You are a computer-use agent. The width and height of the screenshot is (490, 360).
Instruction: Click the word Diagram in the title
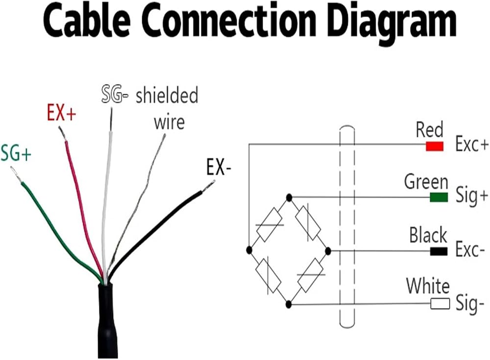392,22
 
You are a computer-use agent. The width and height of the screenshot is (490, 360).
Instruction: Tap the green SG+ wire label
16,153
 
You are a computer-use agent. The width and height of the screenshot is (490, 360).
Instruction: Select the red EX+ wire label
62,113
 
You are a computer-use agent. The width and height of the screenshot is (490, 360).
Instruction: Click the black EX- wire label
219,167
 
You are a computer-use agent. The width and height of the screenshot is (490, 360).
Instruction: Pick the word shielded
167,96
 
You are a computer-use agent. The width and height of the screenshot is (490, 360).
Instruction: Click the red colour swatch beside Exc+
435,146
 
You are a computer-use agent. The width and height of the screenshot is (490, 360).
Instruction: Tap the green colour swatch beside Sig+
439,197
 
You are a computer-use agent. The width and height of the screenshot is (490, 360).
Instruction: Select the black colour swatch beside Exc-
439,251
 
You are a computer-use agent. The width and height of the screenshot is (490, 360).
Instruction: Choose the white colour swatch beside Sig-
440,304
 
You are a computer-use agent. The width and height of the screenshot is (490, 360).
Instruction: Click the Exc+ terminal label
471,144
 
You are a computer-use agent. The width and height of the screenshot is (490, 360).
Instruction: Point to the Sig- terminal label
470,304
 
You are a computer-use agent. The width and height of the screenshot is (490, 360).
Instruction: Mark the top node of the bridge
289,197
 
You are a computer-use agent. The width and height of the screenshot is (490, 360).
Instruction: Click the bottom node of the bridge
289,304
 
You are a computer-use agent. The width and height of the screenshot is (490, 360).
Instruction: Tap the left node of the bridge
249,250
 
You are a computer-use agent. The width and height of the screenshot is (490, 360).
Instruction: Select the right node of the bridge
328,251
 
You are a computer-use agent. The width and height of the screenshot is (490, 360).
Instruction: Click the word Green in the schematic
426,182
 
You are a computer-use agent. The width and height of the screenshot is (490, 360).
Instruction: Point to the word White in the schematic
428,286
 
